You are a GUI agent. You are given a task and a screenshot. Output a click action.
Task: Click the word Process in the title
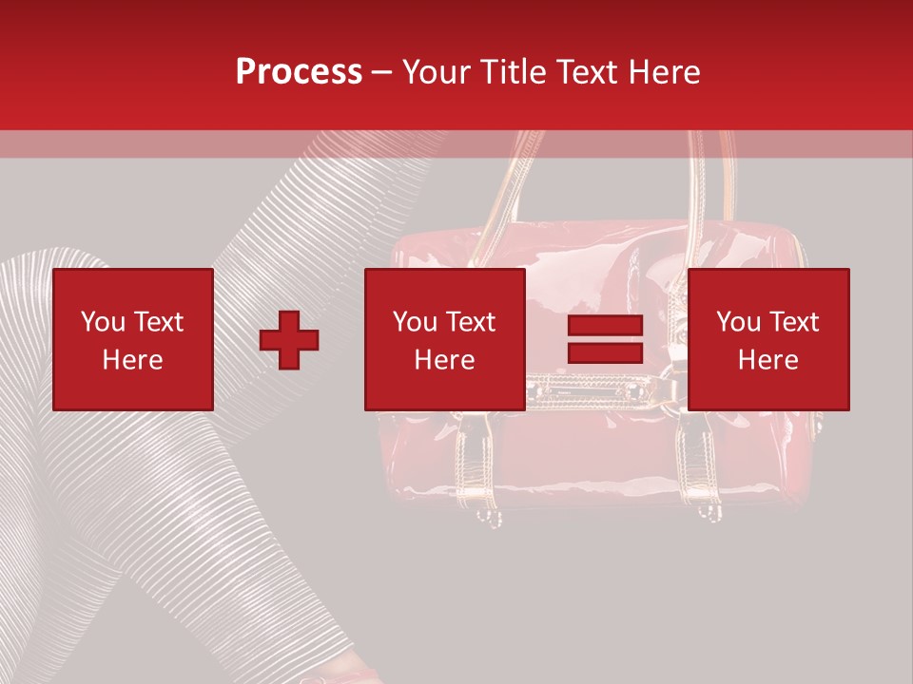click(299, 72)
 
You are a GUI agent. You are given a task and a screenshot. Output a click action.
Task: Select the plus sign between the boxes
click(289, 340)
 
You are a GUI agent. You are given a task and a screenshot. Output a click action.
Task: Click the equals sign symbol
click(605, 340)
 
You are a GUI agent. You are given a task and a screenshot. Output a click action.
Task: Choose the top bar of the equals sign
click(605, 327)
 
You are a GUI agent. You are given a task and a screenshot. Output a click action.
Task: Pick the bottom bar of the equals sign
click(605, 352)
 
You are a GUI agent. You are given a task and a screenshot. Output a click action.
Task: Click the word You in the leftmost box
click(103, 322)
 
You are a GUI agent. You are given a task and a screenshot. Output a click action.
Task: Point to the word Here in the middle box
click(445, 360)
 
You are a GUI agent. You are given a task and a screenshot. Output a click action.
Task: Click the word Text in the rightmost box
click(793, 322)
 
